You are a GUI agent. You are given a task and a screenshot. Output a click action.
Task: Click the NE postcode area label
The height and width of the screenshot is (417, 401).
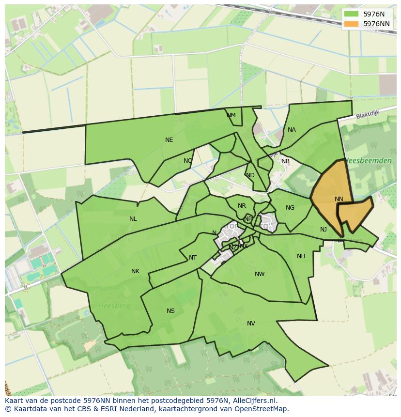pyautogui.click(x=169, y=140)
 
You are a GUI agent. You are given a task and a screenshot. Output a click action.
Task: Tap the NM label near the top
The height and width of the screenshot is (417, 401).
pyautogui.click(x=231, y=115)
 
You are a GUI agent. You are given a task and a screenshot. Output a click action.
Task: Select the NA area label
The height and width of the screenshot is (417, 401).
pyautogui.click(x=292, y=130)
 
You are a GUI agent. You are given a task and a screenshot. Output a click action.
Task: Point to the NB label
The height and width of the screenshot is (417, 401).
pyautogui.click(x=285, y=161)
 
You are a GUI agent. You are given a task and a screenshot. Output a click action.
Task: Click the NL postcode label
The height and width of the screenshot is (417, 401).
pyautogui.click(x=133, y=219)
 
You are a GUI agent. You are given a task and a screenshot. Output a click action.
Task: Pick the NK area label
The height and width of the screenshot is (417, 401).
pyautogui.click(x=135, y=271)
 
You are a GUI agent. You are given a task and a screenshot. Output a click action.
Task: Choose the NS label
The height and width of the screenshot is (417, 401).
pyautogui.click(x=170, y=311)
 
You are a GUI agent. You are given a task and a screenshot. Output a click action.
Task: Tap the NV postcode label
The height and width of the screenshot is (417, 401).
pyautogui.click(x=251, y=324)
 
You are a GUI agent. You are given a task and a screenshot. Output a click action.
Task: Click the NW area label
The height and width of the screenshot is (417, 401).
pyautogui.click(x=260, y=274)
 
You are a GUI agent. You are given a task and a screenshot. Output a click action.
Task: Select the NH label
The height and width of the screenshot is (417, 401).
pyautogui.click(x=301, y=256)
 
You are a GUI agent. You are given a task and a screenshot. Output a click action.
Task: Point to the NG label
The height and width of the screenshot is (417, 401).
pyautogui.click(x=290, y=208)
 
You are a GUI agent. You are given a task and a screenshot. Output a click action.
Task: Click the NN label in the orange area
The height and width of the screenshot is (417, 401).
pyautogui.click(x=339, y=199)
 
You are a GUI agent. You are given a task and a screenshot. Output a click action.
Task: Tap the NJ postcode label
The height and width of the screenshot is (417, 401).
pyautogui.click(x=324, y=230)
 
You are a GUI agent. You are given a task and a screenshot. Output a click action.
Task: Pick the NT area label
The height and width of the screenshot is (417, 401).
pyautogui.click(x=193, y=258)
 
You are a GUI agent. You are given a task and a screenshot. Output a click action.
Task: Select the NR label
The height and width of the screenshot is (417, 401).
pyautogui.click(x=242, y=206)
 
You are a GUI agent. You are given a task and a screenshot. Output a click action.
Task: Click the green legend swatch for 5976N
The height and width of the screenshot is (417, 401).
pyautogui.click(x=351, y=14)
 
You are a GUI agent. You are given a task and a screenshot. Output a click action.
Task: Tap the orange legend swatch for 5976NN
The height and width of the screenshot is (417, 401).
pyautogui.click(x=351, y=24)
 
